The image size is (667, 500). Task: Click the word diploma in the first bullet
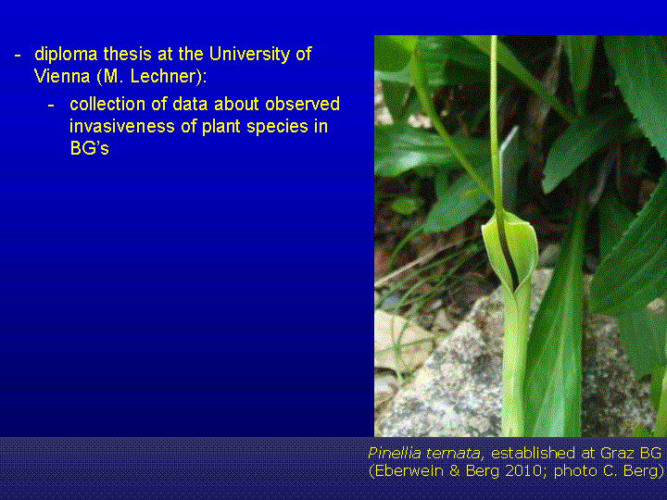[66, 55]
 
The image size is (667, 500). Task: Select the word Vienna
[62, 76]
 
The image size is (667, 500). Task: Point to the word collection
[107, 104]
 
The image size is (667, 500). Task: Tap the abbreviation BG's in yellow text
[89, 148]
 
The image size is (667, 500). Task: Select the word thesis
[127, 55]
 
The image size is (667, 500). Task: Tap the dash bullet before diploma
[18, 56]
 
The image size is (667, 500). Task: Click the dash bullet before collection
[51, 106]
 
